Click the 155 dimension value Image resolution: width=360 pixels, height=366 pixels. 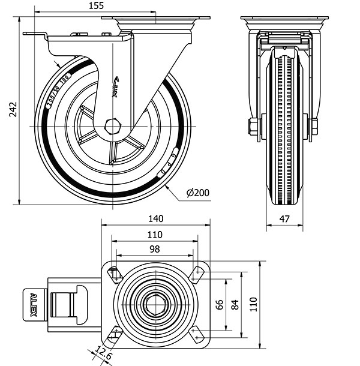tap(95, 5)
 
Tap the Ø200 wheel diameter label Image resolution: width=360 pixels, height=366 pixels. tap(197, 193)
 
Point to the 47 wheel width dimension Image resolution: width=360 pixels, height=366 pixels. tap(284, 219)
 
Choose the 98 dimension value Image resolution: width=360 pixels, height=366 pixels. tap(154, 249)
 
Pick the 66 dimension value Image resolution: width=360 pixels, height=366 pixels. tap(220, 304)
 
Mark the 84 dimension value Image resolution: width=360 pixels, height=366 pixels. tap(235, 304)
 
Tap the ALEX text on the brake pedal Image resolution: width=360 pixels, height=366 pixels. tap(34, 304)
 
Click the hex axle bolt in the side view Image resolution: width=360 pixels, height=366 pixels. tap(112, 127)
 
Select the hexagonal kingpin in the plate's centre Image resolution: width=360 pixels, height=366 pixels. tap(155, 304)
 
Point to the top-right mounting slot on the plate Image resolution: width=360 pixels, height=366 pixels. tap(197, 274)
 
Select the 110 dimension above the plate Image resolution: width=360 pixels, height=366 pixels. tap(155, 235)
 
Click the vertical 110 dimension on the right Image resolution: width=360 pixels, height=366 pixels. tap(253, 304)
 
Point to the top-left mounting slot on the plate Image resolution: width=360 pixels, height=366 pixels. tap(114, 274)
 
